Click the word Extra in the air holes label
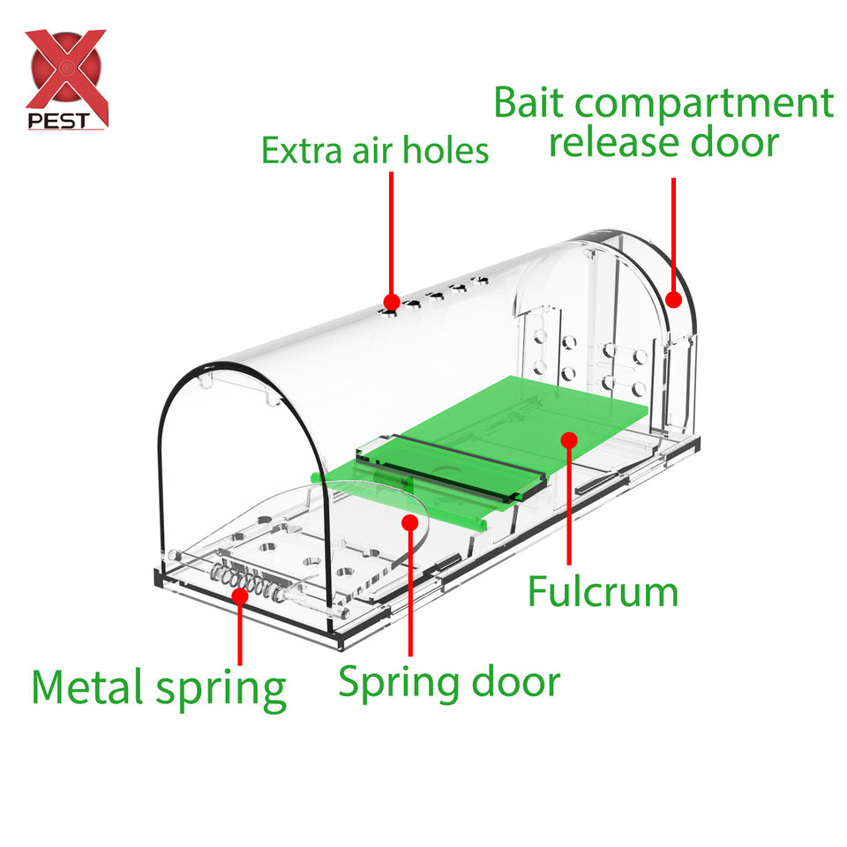(301, 150)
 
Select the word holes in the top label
(441, 150)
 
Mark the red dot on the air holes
(391, 303)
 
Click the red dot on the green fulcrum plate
(569, 438)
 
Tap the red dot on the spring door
(409, 522)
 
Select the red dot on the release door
(675, 300)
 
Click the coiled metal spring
(251, 583)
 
